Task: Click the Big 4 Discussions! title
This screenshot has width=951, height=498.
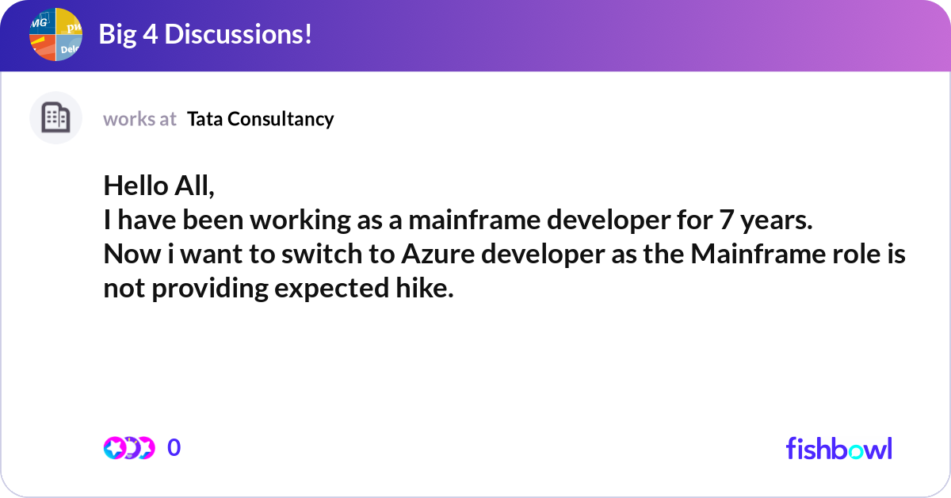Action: pyautogui.click(x=205, y=34)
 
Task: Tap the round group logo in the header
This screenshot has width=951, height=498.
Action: pyautogui.click(x=55, y=34)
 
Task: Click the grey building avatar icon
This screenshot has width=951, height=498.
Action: pyautogui.click(x=55, y=117)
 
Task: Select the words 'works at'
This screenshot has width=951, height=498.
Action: pyautogui.click(x=139, y=119)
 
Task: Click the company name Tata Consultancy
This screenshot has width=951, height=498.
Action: pyautogui.click(x=260, y=119)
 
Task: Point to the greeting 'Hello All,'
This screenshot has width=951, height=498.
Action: pyautogui.click(x=159, y=186)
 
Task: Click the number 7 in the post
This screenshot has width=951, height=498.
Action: pyautogui.click(x=727, y=220)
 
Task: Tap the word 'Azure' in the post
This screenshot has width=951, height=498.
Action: pyautogui.click(x=438, y=254)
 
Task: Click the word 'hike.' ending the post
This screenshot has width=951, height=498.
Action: pyautogui.click(x=425, y=288)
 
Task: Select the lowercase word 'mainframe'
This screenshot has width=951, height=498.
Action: pyautogui.click(x=474, y=220)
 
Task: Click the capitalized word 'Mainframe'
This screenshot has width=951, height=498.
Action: pyautogui.click(x=758, y=254)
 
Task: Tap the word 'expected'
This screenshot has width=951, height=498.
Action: pyautogui.click(x=331, y=289)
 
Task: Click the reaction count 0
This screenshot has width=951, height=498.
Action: pyautogui.click(x=174, y=448)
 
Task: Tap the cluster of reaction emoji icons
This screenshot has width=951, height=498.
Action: pyautogui.click(x=129, y=448)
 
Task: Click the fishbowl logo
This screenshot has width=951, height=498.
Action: pyautogui.click(x=839, y=449)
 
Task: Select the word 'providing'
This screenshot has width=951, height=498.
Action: pyautogui.click(x=210, y=289)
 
